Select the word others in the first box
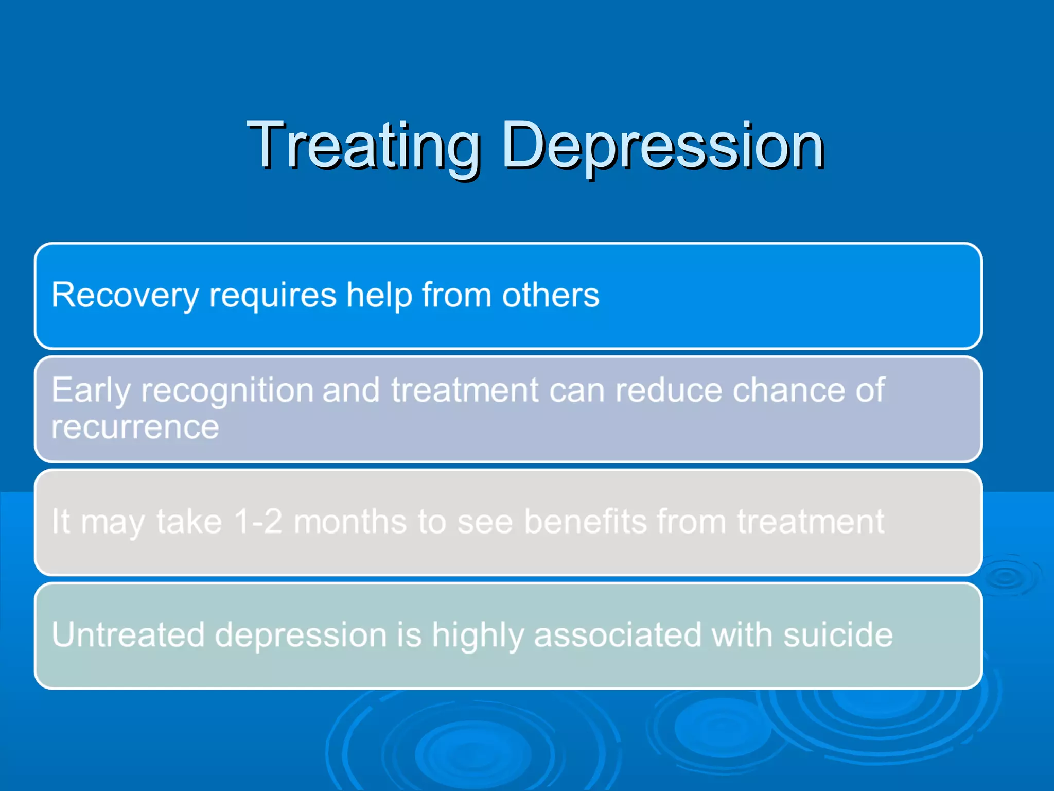(550, 296)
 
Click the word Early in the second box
(91, 390)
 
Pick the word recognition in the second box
(227, 390)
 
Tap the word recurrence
(135, 427)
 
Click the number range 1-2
(257, 521)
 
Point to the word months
(350, 521)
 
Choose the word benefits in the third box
(585, 521)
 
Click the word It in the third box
(60, 521)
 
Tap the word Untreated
(128, 634)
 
